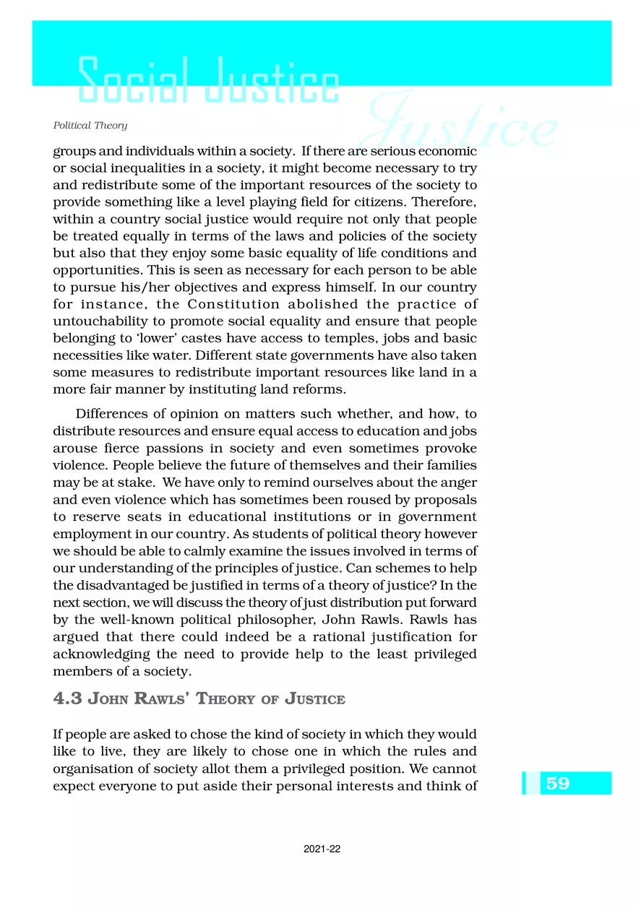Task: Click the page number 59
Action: click(x=558, y=783)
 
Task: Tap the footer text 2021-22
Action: click(x=322, y=849)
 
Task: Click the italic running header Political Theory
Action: click(x=90, y=126)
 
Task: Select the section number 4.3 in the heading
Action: click(x=69, y=699)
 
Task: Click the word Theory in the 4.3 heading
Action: click(x=226, y=699)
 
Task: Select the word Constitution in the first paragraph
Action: click(x=234, y=305)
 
